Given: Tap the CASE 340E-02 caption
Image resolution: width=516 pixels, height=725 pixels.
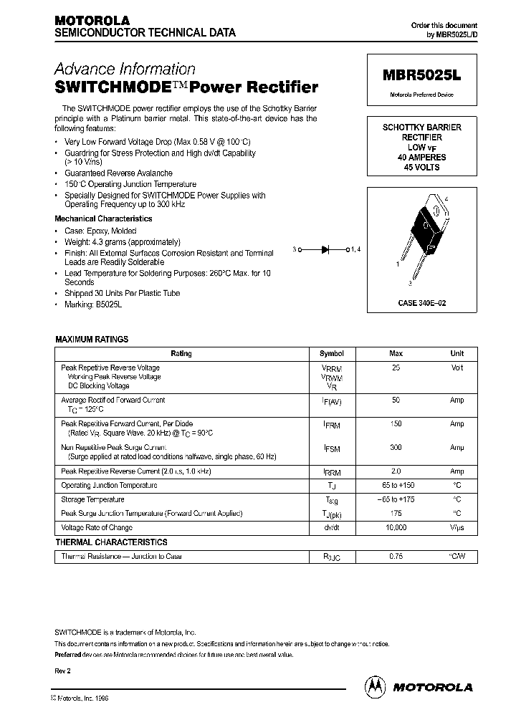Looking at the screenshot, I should (421, 304).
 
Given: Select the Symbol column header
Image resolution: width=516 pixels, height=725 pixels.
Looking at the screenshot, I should (332, 353).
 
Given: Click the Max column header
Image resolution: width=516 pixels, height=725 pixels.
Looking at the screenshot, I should (396, 353).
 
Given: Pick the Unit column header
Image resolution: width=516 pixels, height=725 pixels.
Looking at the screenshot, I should (457, 353).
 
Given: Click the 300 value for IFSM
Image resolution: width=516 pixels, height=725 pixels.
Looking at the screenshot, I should (396, 447).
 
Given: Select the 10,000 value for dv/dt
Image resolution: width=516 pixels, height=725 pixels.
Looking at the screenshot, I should (396, 527).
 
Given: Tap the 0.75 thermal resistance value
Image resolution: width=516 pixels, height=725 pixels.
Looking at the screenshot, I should (396, 556).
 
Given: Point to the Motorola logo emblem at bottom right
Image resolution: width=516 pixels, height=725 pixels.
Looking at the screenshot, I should (376, 686).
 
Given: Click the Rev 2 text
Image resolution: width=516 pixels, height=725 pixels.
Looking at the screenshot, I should (63, 671).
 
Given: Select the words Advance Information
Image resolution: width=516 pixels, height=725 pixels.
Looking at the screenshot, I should (125, 69).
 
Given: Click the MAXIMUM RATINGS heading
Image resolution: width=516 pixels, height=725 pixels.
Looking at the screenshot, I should (92, 340).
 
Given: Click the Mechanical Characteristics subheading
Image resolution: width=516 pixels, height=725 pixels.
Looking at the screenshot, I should (103, 219).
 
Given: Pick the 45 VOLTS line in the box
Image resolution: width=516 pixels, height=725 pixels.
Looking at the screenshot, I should (421, 167).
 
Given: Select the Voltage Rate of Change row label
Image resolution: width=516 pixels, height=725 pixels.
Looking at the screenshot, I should (97, 527).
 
